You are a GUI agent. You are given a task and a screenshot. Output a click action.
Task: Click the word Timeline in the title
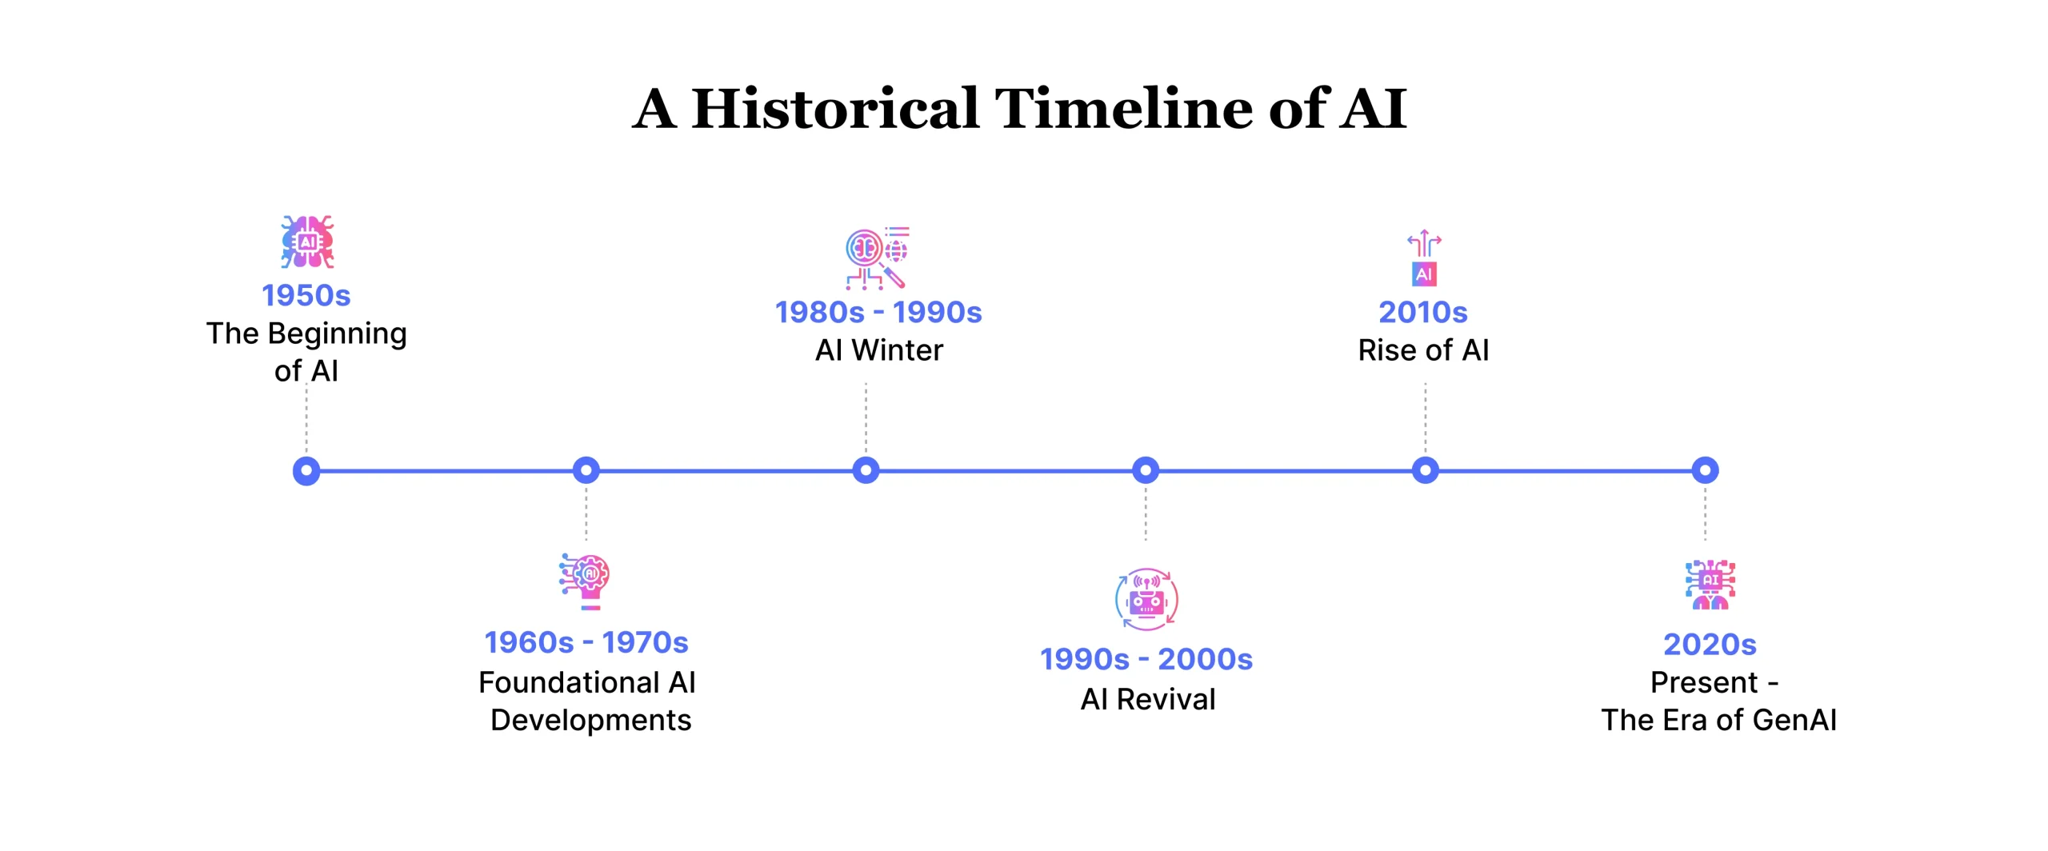point(1124,108)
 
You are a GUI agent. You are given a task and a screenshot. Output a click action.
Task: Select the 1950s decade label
point(306,295)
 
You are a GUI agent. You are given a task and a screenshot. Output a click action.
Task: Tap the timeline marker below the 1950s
point(306,470)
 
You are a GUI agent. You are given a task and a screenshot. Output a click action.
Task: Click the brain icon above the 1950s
point(307,241)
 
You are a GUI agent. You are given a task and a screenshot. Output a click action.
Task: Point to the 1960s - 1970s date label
point(586,642)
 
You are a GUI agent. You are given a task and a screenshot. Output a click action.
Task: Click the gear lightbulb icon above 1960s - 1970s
point(585,581)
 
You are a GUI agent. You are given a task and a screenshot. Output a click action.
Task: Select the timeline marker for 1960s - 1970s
point(586,470)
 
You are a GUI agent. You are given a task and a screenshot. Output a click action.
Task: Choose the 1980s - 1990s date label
point(878,312)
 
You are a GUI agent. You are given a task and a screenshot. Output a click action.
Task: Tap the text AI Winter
point(879,350)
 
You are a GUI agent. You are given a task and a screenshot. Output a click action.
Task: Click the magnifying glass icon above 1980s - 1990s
point(878,258)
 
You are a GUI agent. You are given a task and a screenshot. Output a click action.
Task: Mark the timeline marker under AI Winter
point(866,470)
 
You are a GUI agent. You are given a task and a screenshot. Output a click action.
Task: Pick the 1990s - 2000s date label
point(1146,659)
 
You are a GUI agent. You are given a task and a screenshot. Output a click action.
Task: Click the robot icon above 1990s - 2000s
point(1146,599)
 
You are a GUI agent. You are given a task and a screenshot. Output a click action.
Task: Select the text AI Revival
point(1148,700)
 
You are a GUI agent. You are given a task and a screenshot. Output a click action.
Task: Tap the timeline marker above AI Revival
point(1146,470)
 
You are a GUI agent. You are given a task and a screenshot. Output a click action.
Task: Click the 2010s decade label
point(1423,312)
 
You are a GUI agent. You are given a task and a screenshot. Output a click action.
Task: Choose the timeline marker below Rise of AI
point(1426,470)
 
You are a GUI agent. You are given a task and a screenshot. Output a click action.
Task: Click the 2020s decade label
point(1710,645)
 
